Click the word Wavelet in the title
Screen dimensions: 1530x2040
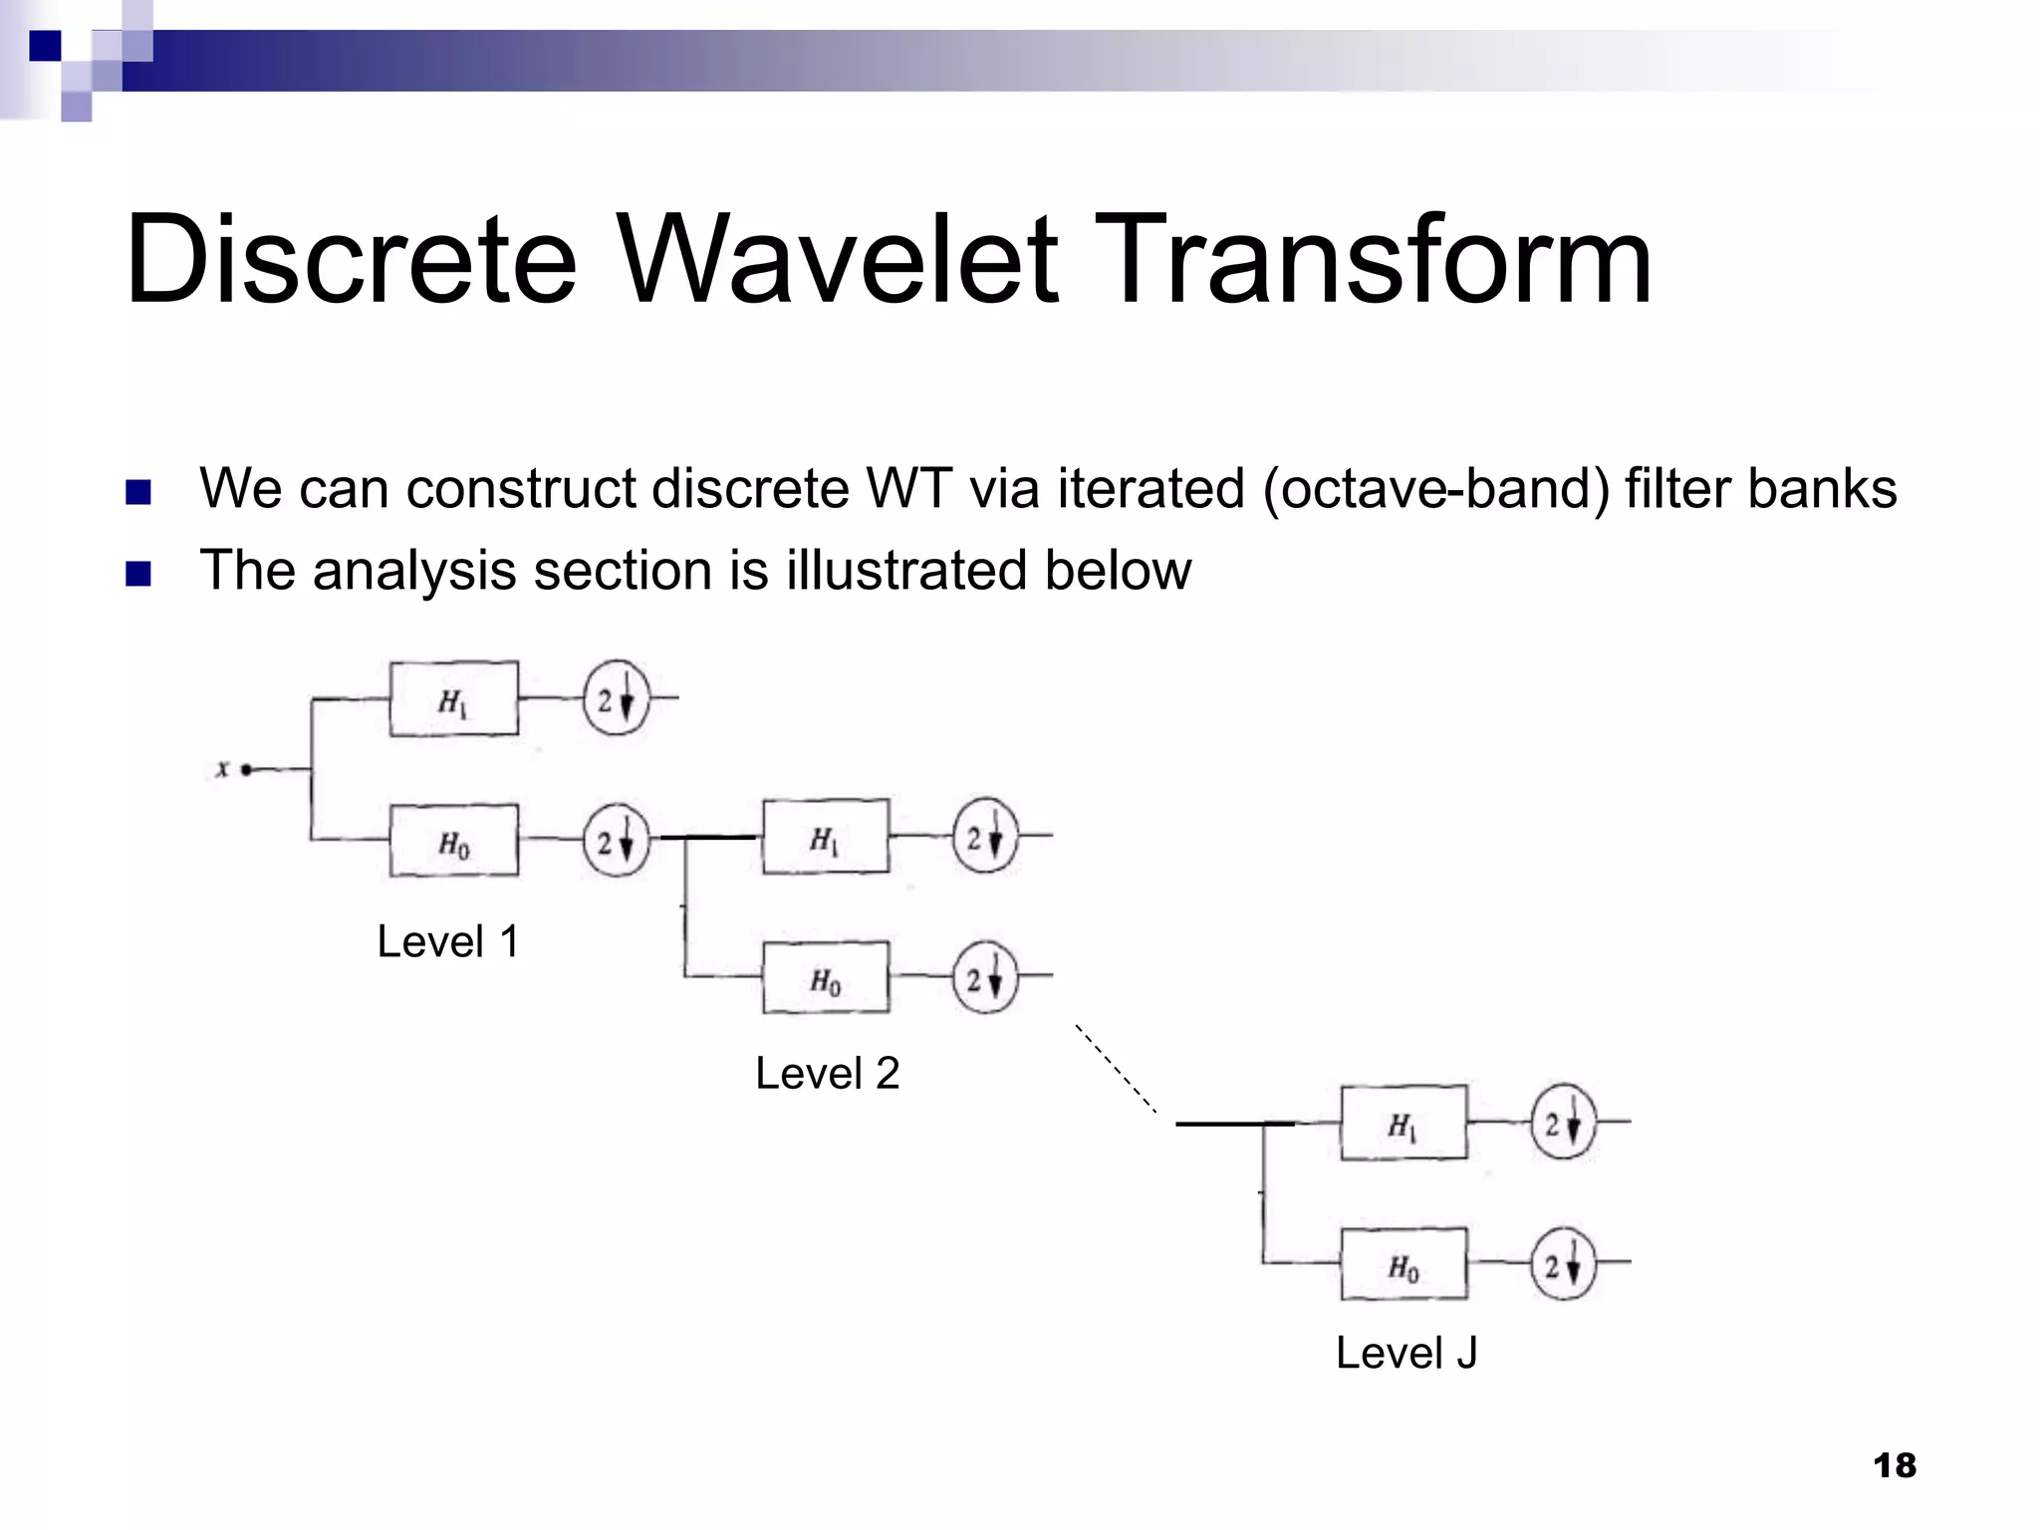point(839,261)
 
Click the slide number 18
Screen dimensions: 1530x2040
point(1894,1465)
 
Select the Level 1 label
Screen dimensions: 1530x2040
point(448,941)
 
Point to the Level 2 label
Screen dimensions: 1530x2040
point(827,1074)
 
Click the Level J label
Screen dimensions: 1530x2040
point(1405,1354)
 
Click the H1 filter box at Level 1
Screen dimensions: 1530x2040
point(453,699)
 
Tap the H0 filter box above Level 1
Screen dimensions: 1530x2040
point(453,842)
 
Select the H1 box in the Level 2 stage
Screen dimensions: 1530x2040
point(826,837)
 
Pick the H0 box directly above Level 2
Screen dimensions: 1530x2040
point(826,978)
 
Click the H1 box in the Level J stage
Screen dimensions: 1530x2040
point(1403,1123)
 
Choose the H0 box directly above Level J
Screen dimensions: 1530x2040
point(1403,1264)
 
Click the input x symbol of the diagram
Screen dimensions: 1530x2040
point(223,768)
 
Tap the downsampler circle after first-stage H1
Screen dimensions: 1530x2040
point(616,699)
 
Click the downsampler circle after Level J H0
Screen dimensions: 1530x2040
point(1562,1265)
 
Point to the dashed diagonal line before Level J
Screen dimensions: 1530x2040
point(1116,1068)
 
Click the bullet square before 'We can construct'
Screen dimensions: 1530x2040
point(138,492)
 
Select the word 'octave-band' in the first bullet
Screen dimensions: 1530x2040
point(1435,489)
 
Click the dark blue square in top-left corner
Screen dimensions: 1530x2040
point(45,46)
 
